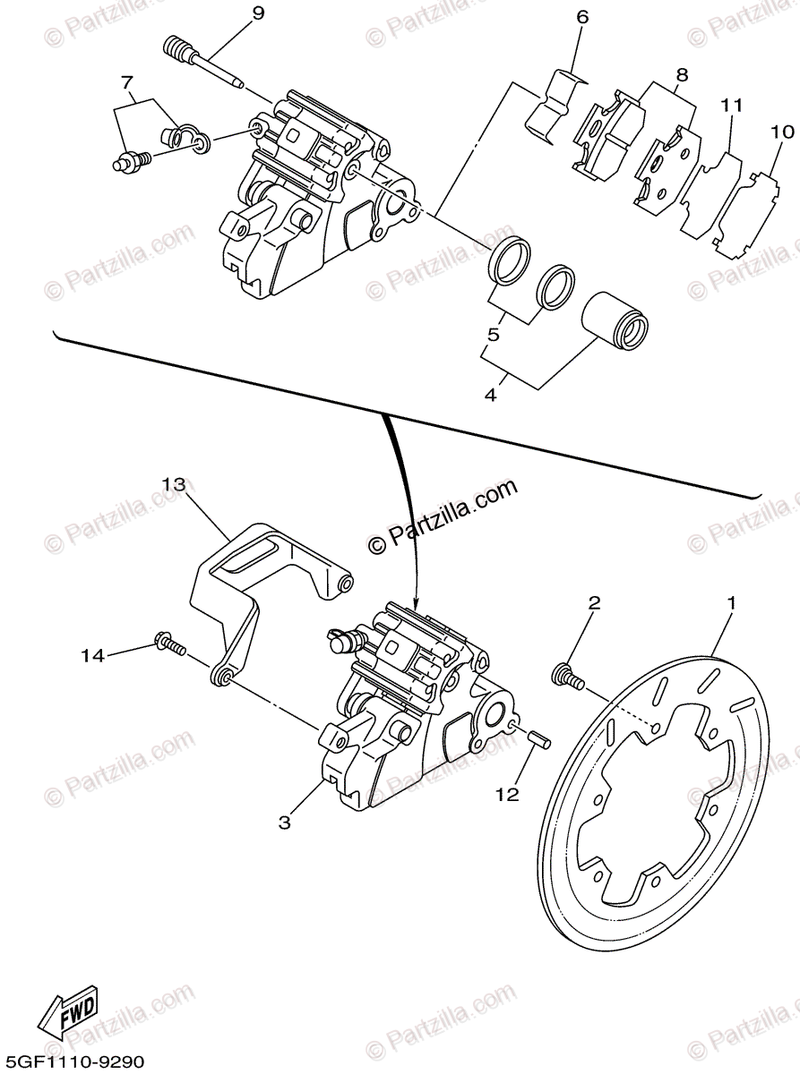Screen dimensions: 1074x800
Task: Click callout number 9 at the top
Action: pos(233,13)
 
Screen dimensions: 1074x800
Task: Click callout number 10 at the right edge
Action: pos(781,132)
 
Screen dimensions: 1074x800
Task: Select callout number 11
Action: pos(732,106)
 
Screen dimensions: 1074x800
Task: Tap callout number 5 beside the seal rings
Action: pos(493,336)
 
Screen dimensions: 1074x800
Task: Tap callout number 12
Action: pos(508,794)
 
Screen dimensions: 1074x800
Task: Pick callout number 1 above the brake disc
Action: pos(731,604)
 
